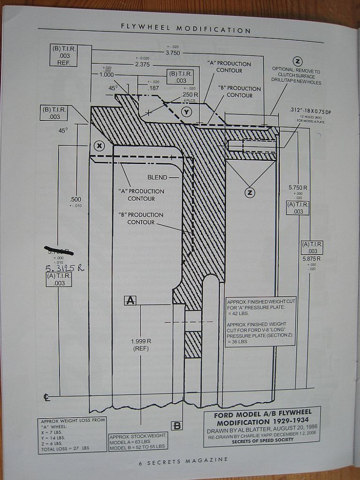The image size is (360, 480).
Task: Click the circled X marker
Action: pos(99,145)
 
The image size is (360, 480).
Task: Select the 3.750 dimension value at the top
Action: pos(172,53)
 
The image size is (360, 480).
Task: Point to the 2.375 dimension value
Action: pos(143,64)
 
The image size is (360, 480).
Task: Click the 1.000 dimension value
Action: pos(107,75)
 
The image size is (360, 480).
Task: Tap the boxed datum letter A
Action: pos(130,300)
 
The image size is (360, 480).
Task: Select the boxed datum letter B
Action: pos(177,425)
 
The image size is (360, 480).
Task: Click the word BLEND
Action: pos(157,177)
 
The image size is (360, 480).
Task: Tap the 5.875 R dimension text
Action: pos(312,259)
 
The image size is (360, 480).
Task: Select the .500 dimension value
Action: pos(75,200)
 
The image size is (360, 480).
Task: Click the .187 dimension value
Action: pos(154,88)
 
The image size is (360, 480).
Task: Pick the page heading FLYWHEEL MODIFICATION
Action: pos(186,29)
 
